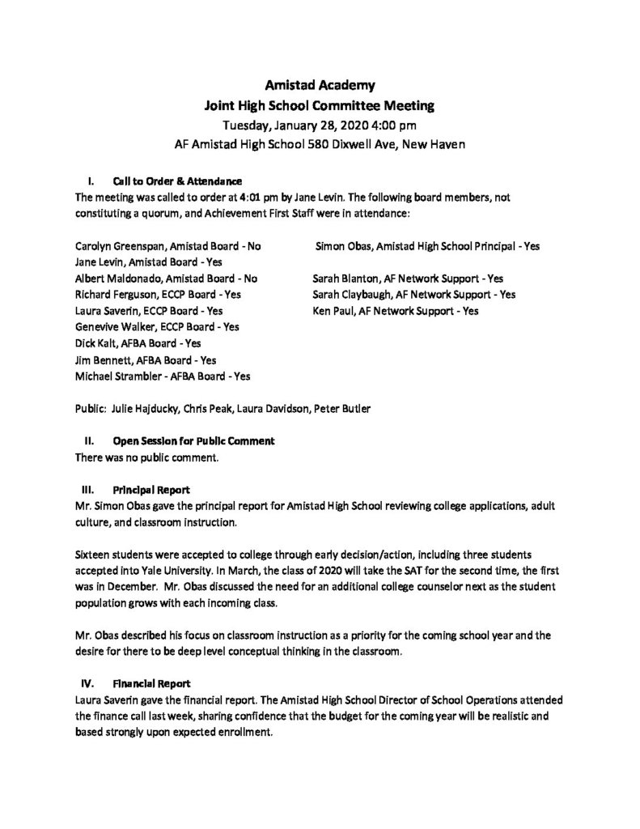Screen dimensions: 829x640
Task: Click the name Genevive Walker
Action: [112, 326]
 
